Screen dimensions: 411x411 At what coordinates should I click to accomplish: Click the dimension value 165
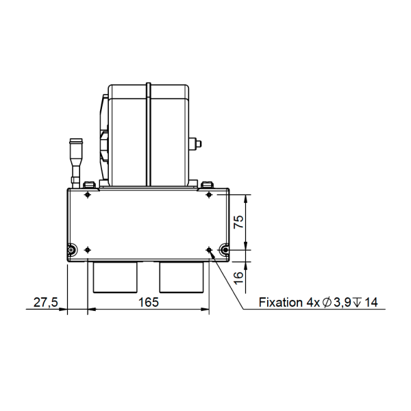click(149, 302)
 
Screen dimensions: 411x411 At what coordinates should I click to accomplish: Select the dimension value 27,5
click(46, 302)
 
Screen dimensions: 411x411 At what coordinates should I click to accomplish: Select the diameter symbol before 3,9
click(327, 302)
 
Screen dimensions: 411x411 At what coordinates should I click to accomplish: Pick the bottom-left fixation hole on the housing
click(88, 249)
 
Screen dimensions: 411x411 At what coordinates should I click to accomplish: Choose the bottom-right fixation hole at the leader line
click(209, 249)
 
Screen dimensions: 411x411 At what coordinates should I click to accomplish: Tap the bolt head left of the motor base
click(87, 184)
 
